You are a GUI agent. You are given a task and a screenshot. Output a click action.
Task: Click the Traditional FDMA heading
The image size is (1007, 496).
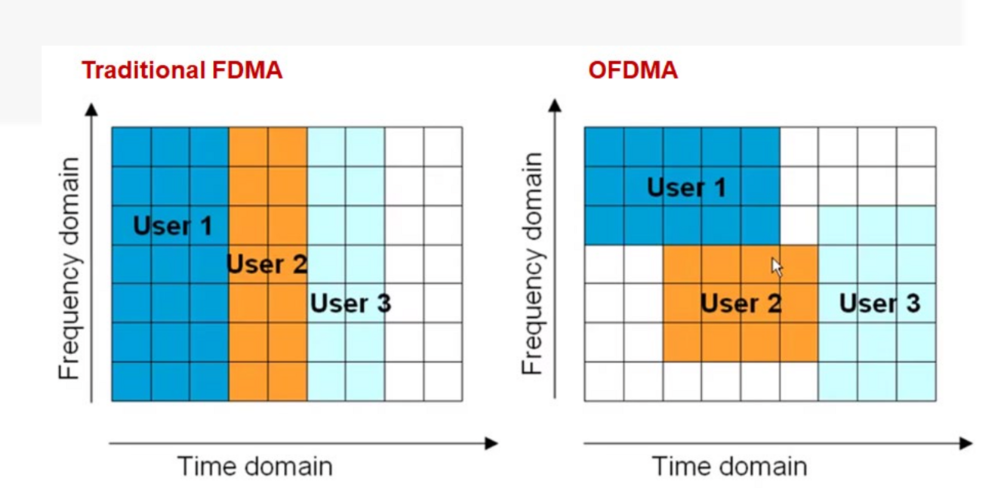pos(181,71)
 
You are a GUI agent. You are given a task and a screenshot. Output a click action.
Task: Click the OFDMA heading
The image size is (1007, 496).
pos(633,71)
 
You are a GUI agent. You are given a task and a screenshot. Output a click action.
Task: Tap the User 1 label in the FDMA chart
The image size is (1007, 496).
pos(172,226)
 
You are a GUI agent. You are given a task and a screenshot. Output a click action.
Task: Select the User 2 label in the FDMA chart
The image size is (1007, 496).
pos(267,264)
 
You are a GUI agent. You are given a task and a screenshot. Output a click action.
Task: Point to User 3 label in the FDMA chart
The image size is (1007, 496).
pos(350,303)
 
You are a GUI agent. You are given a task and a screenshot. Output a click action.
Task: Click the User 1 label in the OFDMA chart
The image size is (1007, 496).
pos(686,186)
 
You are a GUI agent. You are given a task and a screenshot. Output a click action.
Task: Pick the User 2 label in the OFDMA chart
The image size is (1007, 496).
pos(741,303)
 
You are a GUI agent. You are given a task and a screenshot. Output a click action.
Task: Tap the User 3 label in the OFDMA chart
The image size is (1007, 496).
pos(879,303)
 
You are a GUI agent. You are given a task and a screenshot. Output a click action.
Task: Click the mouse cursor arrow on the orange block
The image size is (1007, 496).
pos(777,267)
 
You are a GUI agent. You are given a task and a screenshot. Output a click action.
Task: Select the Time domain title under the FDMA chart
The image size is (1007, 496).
pos(254,466)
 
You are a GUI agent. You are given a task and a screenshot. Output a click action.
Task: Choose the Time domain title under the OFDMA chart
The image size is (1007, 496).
pos(729,466)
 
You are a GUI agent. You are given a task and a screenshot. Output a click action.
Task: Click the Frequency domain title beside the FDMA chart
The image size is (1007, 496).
pos(69,268)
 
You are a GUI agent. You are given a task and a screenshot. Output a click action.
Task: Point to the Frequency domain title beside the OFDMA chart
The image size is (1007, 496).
pos(533,263)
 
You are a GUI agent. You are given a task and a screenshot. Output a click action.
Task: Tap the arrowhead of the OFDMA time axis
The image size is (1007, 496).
pos(965,443)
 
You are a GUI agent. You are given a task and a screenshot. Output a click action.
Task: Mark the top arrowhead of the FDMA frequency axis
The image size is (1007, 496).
pos(91,109)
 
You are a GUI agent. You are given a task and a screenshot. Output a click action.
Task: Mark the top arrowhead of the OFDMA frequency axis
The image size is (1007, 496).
pos(555,105)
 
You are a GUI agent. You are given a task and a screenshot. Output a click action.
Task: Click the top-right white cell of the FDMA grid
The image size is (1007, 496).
pos(443,146)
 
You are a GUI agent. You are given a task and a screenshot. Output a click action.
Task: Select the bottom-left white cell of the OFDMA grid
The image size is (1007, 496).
pos(604,381)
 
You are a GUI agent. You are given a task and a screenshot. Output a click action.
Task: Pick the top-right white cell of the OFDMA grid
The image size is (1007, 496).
pos(916,146)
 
